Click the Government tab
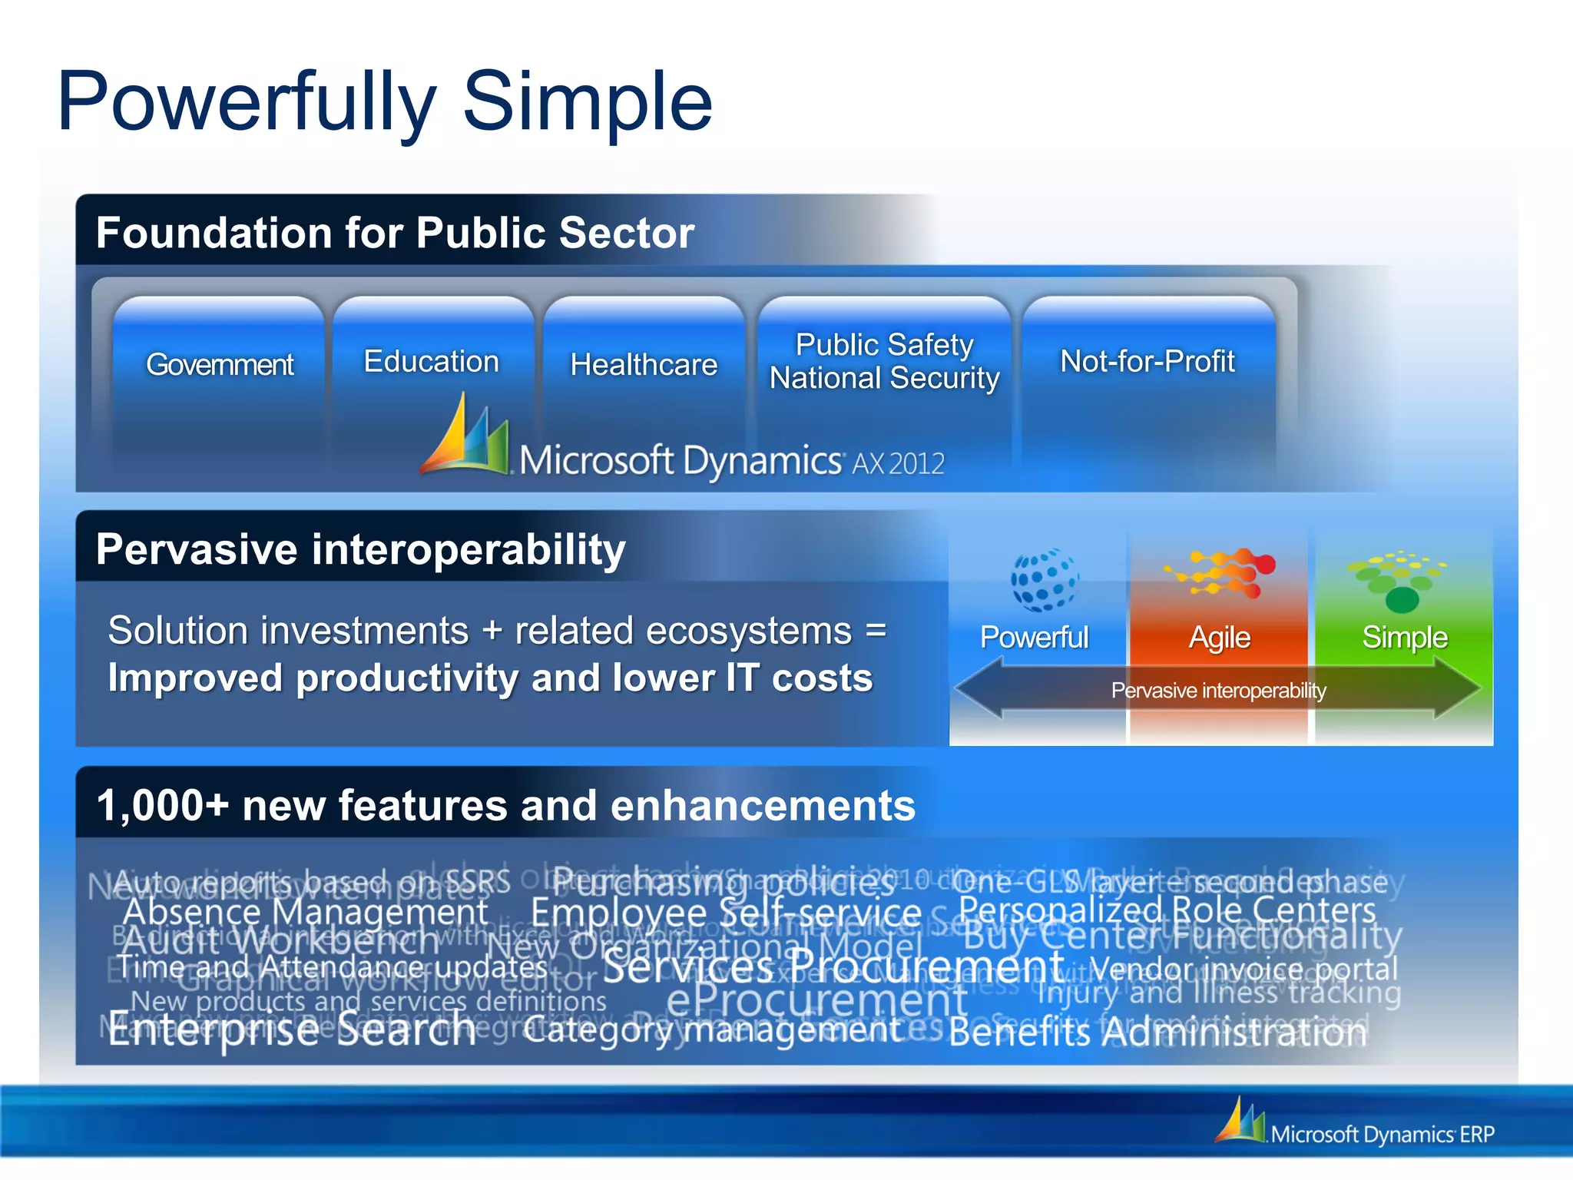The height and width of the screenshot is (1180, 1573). pos(220,364)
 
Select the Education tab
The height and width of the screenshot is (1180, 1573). pos(431,361)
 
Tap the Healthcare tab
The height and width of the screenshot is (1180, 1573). pos(644,364)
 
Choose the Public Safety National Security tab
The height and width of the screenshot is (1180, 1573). pos(884,361)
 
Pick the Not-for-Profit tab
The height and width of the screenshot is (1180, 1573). pos(1147,361)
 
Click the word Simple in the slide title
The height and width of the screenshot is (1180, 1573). pos(588,101)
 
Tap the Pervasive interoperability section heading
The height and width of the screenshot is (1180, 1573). pos(360,549)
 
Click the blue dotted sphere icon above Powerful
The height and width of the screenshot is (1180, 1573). pos(1044,580)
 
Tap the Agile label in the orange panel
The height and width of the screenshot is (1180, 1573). pos(1219,638)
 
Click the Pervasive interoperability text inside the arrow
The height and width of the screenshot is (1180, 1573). pos(1218,691)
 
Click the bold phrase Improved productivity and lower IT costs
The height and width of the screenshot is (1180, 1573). pos(490,678)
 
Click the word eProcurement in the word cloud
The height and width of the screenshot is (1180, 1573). pos(816,1000)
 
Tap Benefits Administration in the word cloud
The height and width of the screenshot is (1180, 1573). pos(1158,1032)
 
